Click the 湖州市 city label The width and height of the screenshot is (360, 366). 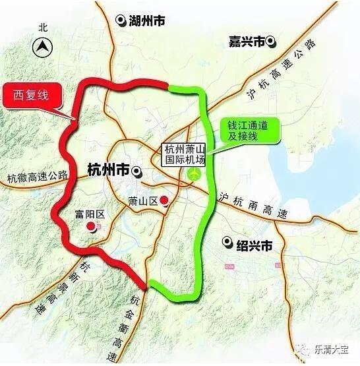click(x=148, y=20)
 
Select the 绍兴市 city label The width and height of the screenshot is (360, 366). click(x=254, y=245)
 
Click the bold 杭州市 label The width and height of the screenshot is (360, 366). click(x=108, y=171)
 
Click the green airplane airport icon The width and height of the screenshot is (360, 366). click(x=193, y=174)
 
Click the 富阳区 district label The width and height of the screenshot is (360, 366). click(x=91, y=214)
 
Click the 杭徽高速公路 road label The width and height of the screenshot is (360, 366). click(x=38, y=176)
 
